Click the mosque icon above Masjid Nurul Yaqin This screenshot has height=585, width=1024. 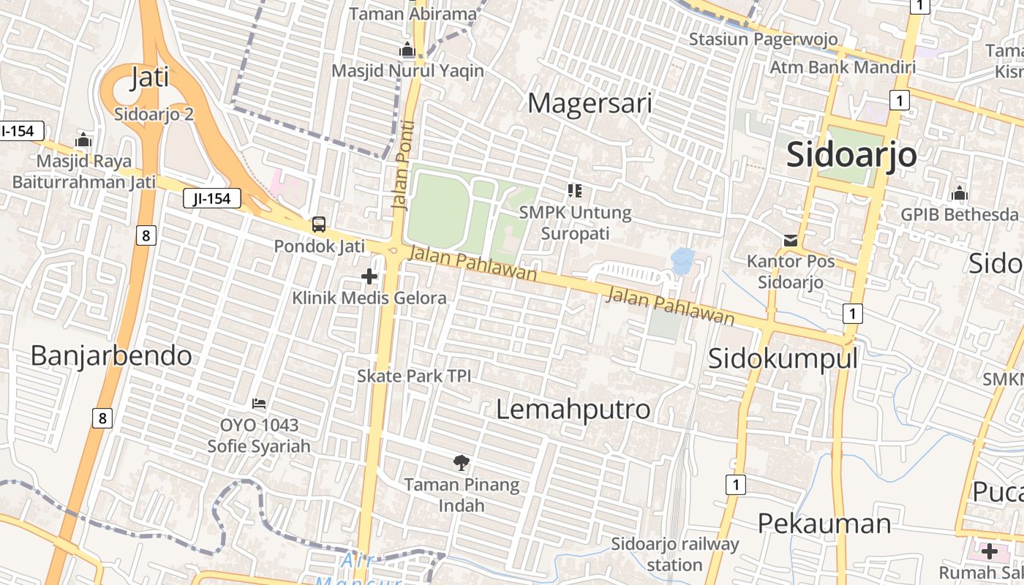407,50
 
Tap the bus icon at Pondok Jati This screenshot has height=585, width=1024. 319,224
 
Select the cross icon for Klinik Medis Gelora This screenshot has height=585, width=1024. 369,276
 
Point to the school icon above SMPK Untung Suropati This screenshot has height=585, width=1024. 575,191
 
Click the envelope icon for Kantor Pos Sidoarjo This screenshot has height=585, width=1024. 791,240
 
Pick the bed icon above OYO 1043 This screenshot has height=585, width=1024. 258,403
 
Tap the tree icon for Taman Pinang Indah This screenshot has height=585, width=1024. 462,462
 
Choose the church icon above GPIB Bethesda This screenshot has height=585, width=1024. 959,194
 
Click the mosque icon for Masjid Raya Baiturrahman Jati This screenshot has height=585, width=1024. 83,140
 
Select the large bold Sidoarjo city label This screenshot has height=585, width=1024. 851,155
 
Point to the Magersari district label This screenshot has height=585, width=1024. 590,103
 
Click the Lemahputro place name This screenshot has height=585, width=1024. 573,409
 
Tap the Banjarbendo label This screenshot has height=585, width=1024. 111,355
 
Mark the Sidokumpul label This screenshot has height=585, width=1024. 783,358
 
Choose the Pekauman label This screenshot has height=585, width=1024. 824,524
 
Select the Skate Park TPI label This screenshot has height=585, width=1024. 414,376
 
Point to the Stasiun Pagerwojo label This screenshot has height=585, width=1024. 763,39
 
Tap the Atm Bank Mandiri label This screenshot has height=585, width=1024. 843,67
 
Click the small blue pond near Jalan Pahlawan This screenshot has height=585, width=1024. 682,261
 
